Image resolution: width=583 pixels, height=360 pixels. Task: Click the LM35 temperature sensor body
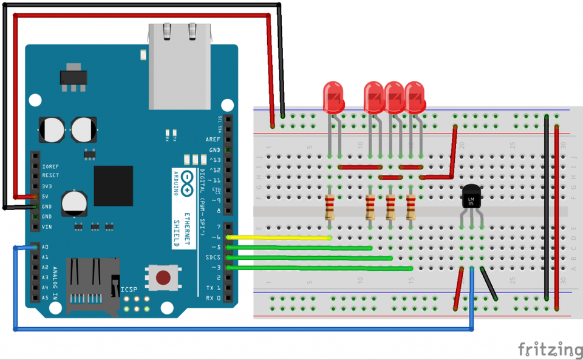tap(471, 197)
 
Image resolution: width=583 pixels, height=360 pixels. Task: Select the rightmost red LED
tap(415, 98)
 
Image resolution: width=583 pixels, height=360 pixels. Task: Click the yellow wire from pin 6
tap(279, 237)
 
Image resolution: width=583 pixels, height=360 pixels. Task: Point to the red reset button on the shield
tap(163, 278)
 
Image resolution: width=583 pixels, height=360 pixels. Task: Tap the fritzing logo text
tap(550, 349)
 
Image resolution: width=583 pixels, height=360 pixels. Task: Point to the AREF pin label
tap(213, 139)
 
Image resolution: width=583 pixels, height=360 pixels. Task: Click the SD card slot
tap(92, 285)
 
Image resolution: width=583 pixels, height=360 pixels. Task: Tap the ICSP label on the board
tap(129, 290)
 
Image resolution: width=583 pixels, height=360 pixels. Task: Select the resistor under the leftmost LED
tap(330, 207)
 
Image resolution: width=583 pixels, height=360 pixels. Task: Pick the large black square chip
tap(113, 186)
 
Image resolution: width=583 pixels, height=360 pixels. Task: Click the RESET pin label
tap(50, 175)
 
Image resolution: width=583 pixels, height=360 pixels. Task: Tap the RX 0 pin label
tap(213, 298)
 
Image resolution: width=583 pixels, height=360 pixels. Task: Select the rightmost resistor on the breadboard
tap(411, 207)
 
